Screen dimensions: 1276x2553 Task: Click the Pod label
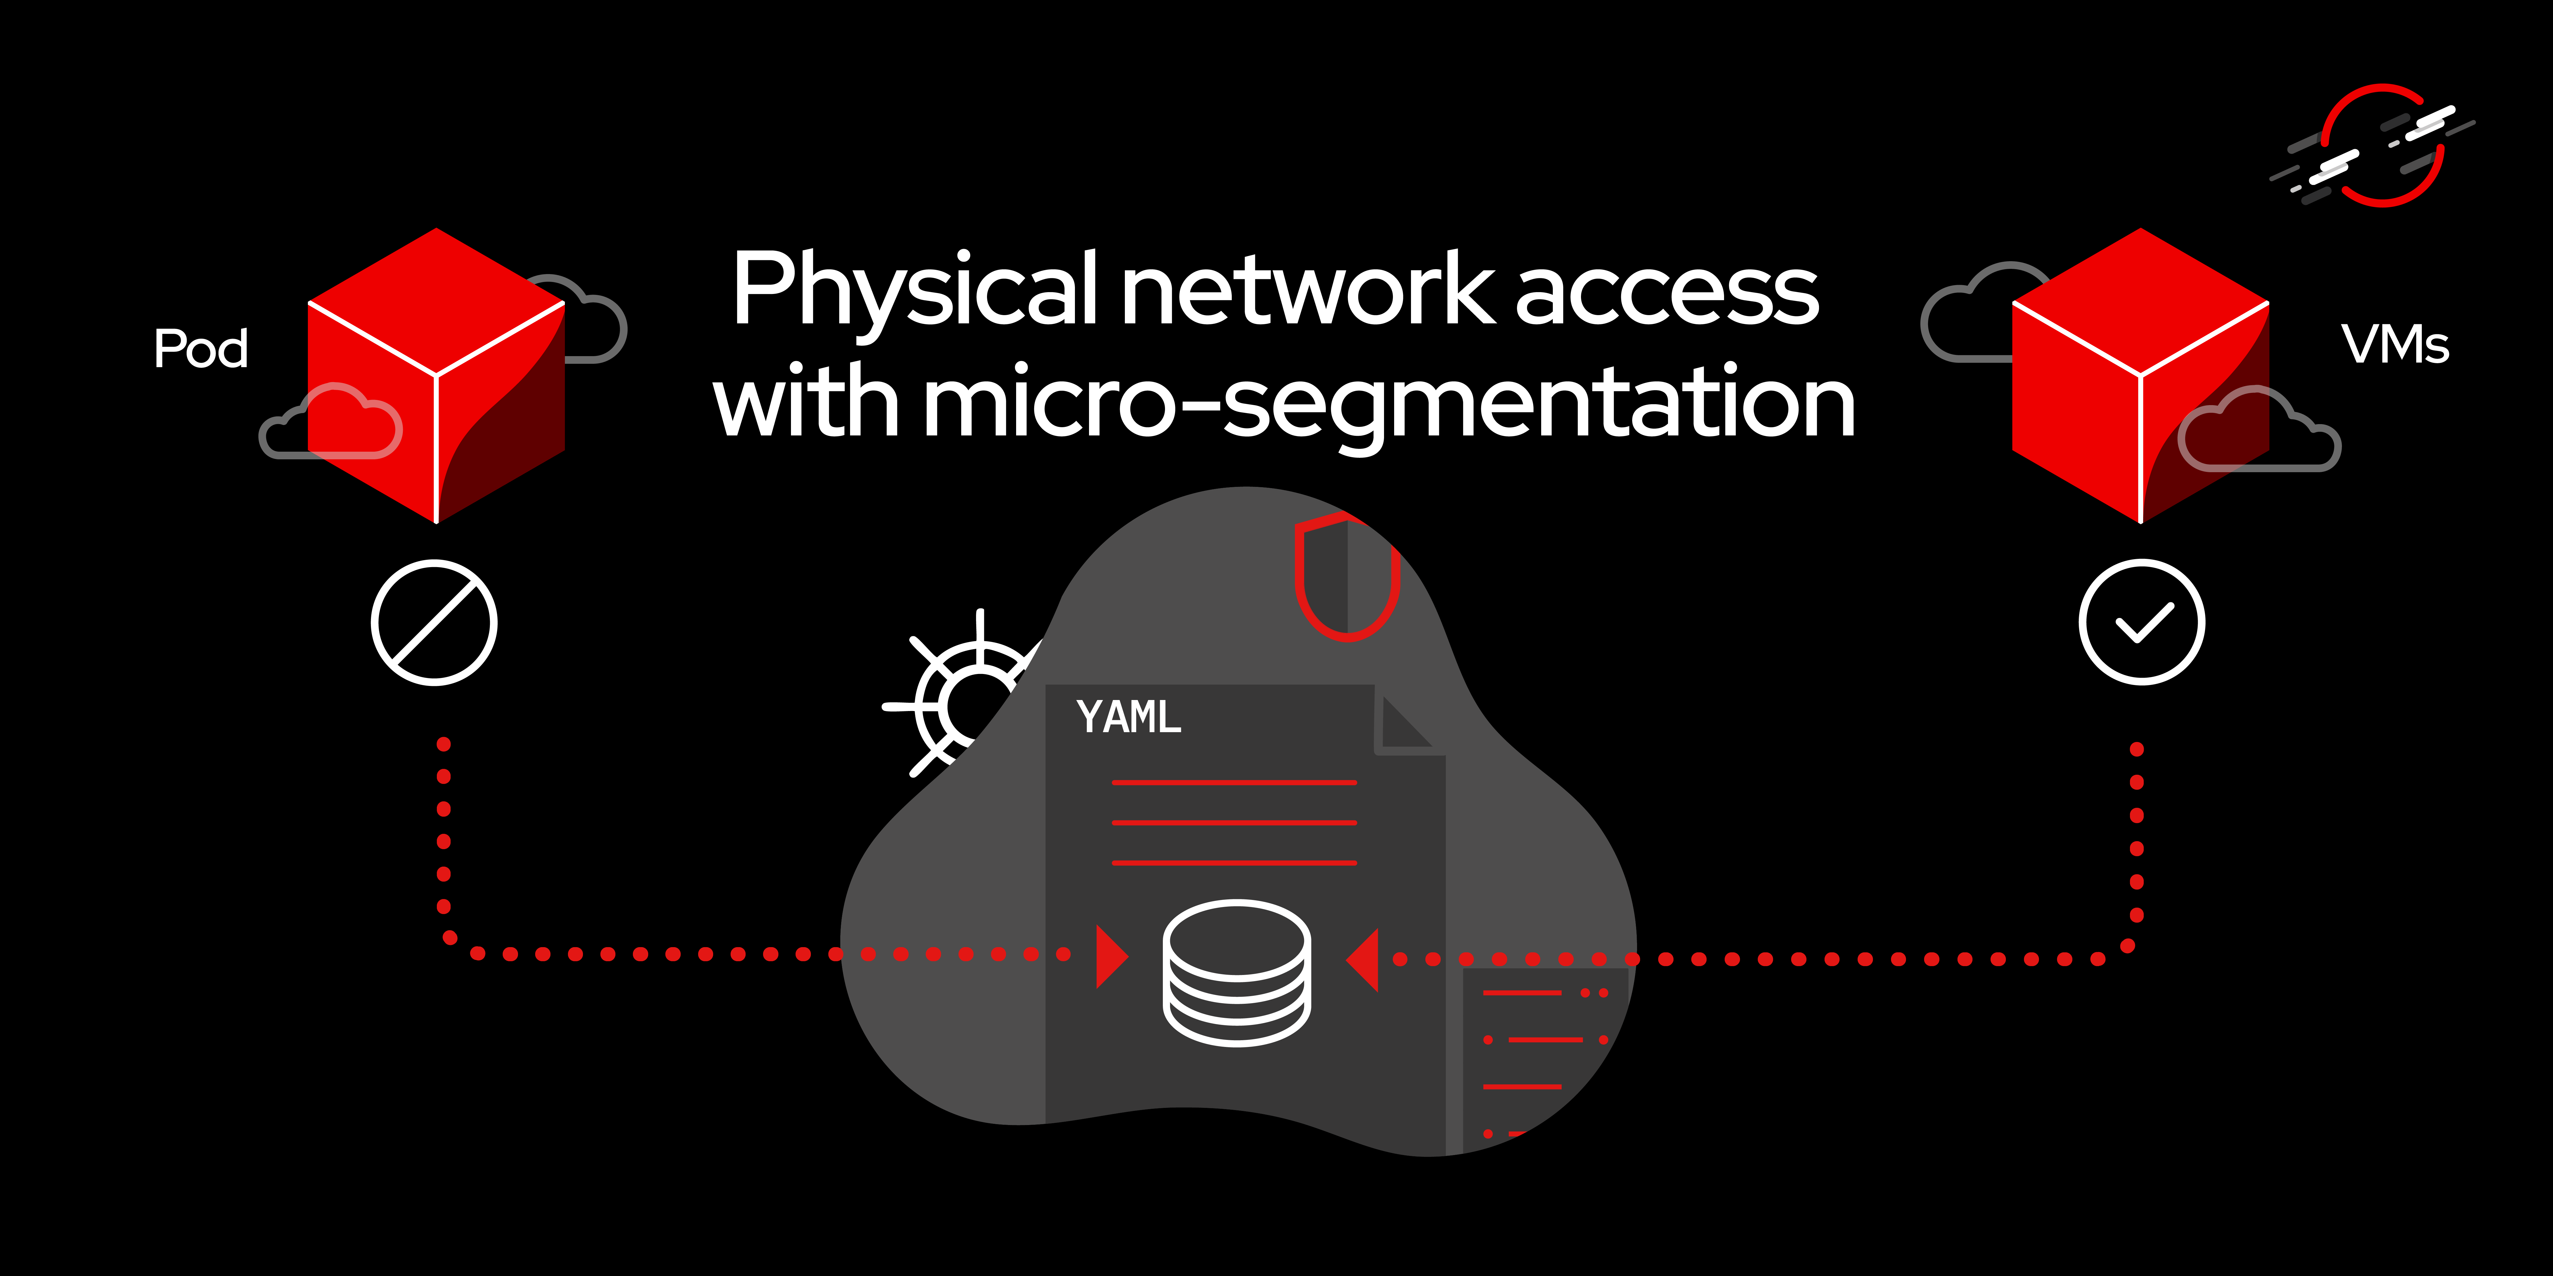pos(201,349)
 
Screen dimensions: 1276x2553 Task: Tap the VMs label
pos(2394,345)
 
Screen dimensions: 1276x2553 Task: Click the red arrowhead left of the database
pos(1110,956)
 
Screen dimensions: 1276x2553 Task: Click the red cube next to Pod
pos(436,376)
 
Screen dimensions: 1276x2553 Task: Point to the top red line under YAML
pos(1234,783)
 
